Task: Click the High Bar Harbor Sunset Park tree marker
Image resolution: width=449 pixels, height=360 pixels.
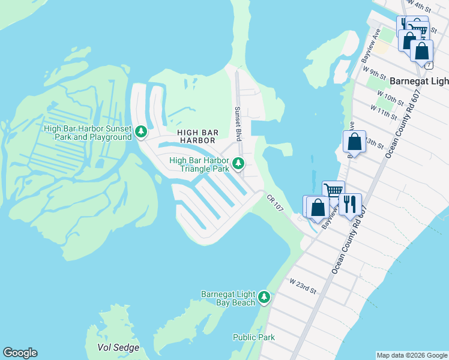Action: click(x=141, y=131)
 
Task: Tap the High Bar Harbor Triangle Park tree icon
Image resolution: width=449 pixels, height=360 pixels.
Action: click(x=238, y=163)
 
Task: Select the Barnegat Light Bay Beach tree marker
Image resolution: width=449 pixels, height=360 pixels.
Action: click(x=264, y=296)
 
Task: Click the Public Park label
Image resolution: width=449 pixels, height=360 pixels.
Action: click(x=254, y=337)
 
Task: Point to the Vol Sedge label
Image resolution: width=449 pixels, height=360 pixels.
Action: click(x=118, y=347)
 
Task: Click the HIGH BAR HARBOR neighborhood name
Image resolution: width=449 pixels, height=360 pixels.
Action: click(x=196, y=136)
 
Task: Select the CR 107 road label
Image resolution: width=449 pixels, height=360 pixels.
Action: click(x=275, y=202)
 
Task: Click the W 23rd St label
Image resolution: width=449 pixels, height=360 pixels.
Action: click(x=302, y=285)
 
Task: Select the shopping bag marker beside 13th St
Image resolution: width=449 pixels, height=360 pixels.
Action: click(x=355, y=142)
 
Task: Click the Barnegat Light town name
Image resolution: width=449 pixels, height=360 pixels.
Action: click(x=419, y=81)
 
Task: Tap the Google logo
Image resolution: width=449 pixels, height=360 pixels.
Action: click(x=20, y=353)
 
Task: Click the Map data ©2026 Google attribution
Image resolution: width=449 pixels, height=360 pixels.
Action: click(x=412, y=355)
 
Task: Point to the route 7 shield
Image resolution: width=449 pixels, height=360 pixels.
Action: click(x=429, y=64)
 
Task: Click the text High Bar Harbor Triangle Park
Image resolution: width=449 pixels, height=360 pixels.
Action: click(x=200, y=164)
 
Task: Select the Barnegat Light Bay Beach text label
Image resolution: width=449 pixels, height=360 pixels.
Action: click(x=228, y=298)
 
